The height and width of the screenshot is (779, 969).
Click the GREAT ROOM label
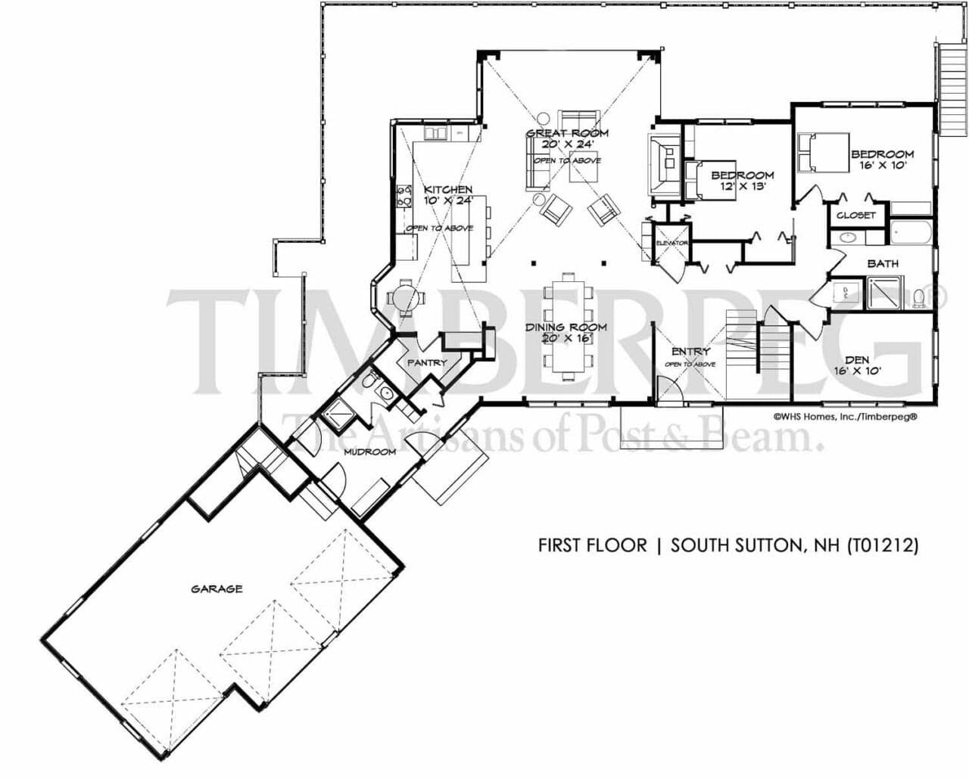pyautogui.click(x=567, y=133)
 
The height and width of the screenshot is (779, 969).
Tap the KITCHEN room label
pyautogui.click(x=447, y=189)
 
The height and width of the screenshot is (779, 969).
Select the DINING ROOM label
pyautogui.click(x=567, y=327)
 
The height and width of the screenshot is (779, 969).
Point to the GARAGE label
pyautogui.click(x=217, y=588)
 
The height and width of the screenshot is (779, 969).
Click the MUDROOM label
pyautogui.click(x=369, y=452)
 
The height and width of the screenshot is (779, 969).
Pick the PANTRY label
pyautogui.click(x=427, y=363)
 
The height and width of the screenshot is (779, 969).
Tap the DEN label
pyautogui.click(x=857, y=360)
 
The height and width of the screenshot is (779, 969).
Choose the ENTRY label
pyautogui.click(x=690, y=352)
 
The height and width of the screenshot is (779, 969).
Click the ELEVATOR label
pyautogui.click(x=671, y=243)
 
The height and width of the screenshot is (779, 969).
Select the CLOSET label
pyautogui.click(x=856, y=215)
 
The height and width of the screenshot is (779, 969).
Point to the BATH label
pyautogui.click(x=883, y=263)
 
